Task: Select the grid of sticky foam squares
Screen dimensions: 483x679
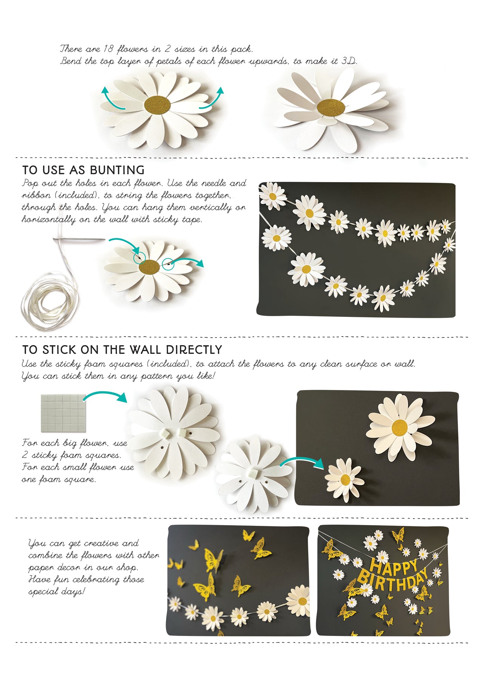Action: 62,413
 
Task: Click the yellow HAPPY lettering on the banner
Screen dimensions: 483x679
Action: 394,566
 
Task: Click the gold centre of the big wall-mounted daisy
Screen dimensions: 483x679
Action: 400,427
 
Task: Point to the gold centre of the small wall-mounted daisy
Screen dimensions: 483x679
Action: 345,479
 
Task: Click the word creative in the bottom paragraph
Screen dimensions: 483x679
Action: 101,544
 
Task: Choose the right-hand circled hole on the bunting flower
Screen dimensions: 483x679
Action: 168,264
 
